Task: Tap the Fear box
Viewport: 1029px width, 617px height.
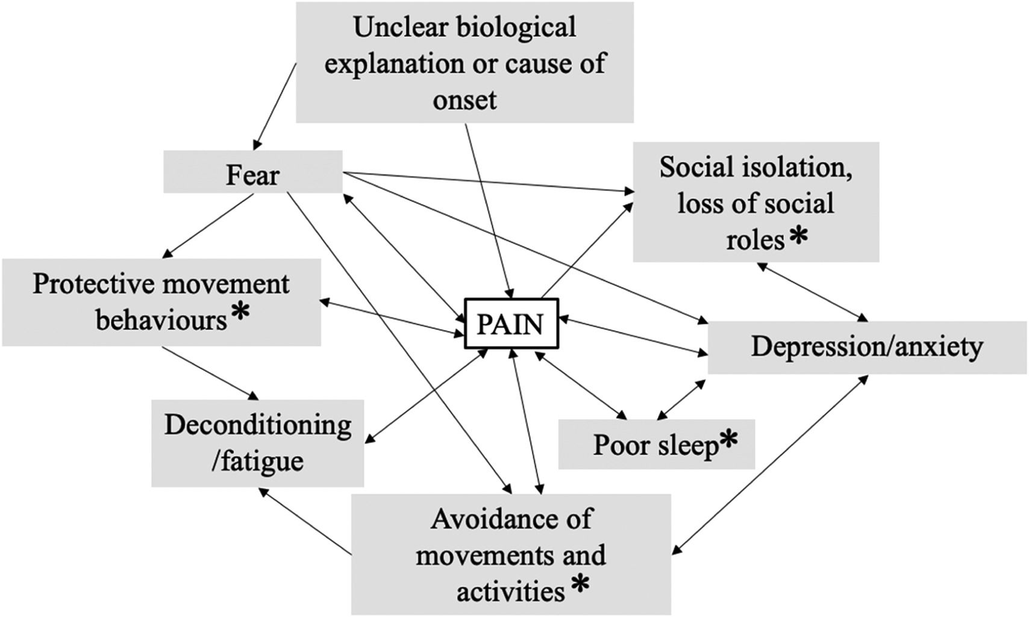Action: [x=253, y=175]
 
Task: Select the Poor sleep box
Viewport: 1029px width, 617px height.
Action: [x=656, y=445]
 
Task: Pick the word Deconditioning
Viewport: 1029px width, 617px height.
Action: [x=258, y=425]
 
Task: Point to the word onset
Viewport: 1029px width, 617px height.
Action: [x=464, y=99]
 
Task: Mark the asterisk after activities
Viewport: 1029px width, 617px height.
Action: [x=580, y=584]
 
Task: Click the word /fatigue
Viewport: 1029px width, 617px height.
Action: [x=258, y=462]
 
